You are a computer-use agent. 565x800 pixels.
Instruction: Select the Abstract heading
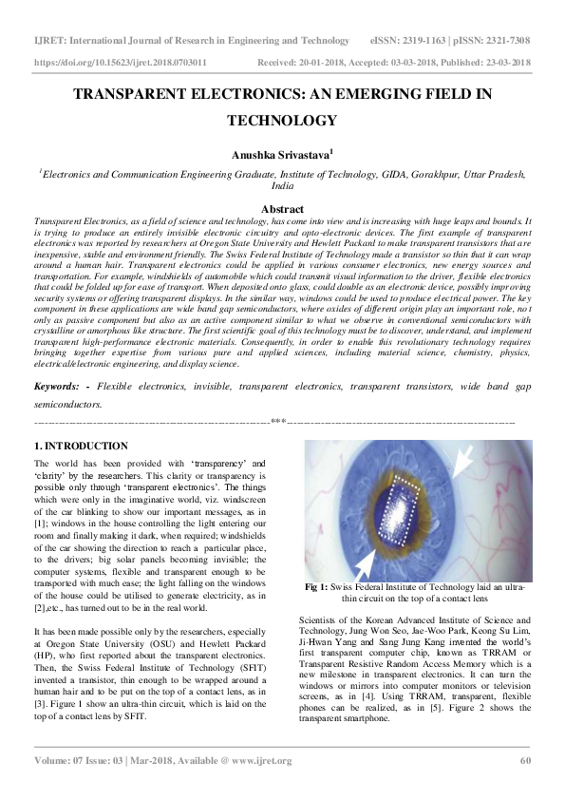282,209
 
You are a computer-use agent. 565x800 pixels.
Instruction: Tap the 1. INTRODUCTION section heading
74,446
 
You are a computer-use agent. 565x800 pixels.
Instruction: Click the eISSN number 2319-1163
424,41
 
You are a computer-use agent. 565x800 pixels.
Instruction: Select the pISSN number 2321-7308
505,41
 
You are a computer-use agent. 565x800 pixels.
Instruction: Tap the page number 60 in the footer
524,760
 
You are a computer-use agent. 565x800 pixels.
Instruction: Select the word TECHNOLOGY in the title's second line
282,121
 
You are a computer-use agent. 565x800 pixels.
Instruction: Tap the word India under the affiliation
282,187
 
